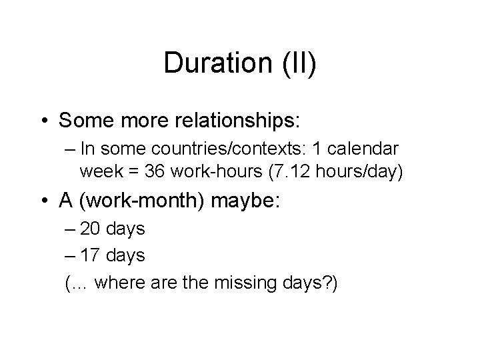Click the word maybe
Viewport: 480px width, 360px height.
tap(249, 201)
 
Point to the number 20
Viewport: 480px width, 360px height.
tap(91, 229)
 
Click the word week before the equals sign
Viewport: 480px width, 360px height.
tap(100, 173)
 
